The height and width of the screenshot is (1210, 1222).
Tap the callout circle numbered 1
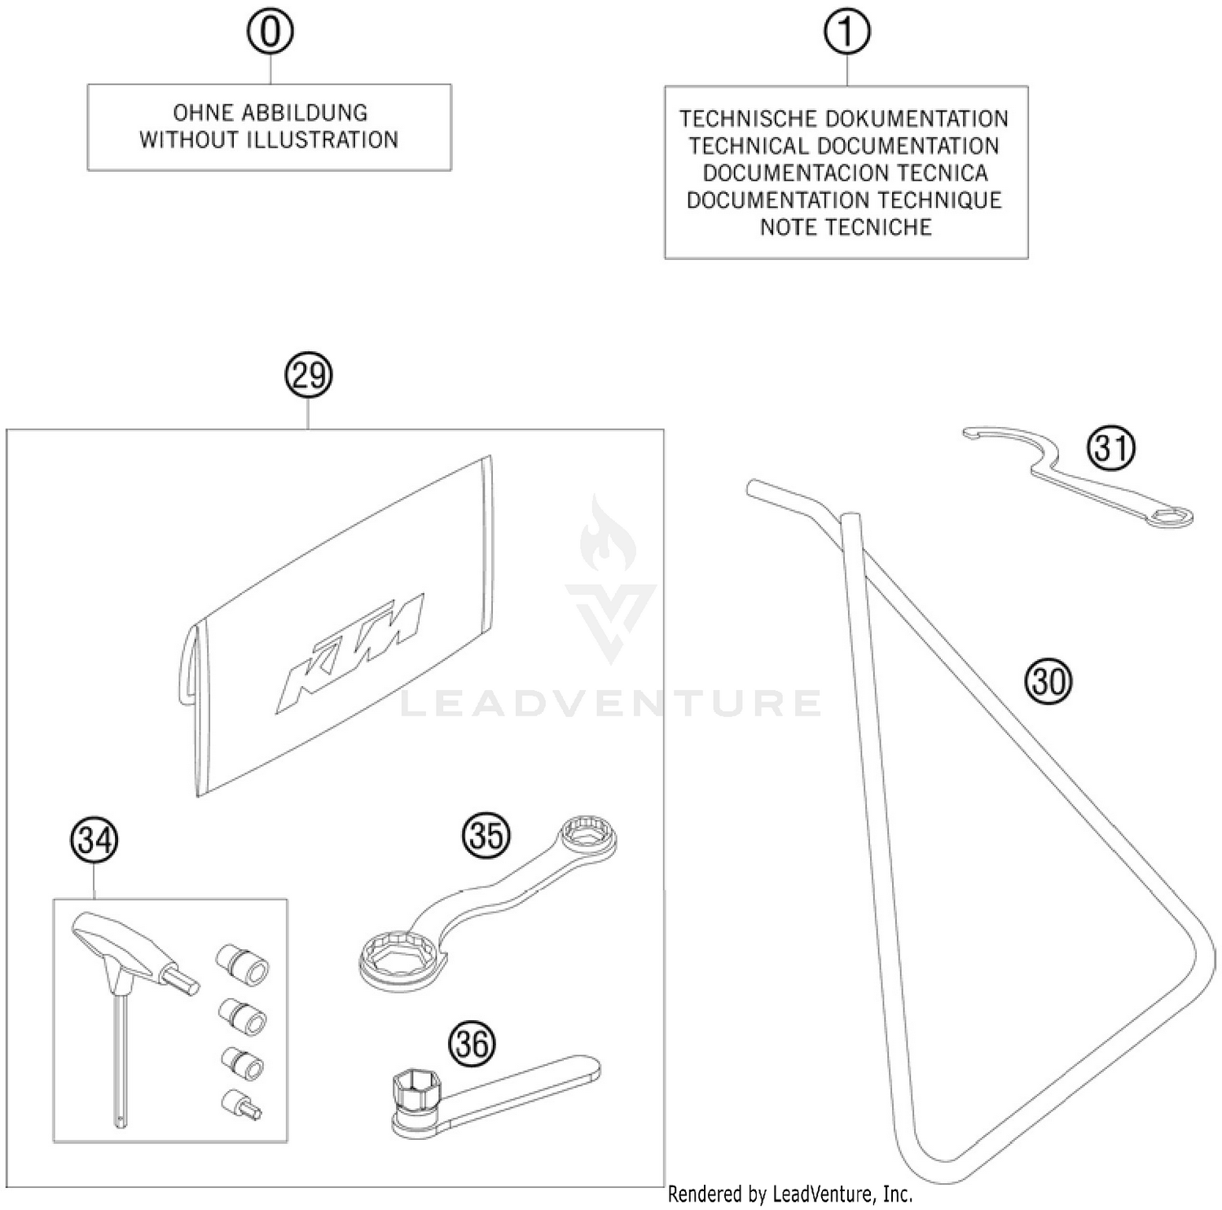846,32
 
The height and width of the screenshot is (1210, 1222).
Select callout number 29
309,376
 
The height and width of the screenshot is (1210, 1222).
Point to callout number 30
1048,680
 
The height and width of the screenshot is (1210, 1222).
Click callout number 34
95,840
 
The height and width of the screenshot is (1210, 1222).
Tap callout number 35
486,835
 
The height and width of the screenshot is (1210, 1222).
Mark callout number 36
473,1044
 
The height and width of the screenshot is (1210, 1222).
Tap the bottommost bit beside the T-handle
241,1104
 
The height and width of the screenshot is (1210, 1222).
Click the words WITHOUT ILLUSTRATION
269,140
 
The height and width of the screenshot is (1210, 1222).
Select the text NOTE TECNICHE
846,227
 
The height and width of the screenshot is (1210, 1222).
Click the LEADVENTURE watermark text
611,703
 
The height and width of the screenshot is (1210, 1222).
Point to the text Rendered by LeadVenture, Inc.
790,1195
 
